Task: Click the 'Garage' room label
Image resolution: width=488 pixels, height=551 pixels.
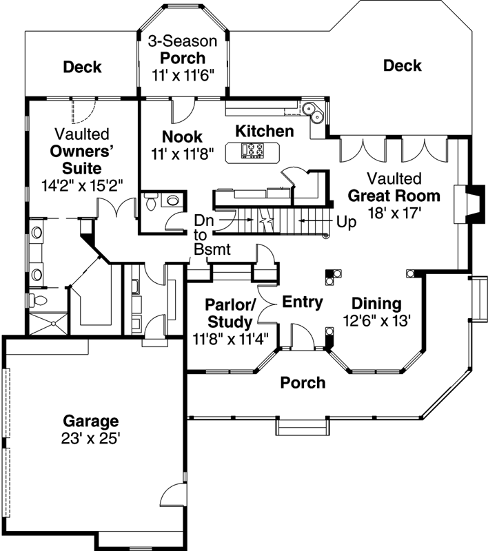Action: [x=91, y=420]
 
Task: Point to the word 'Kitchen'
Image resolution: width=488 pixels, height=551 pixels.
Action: [x=265, y=131]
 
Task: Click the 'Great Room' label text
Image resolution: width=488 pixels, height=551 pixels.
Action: [x=394, y=196]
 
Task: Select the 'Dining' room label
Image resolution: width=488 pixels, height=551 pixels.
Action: [x=376, y=303]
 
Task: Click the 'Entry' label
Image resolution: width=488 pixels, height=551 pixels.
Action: [x=303, y=302]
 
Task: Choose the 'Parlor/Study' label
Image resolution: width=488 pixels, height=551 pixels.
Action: [x=230, y=312]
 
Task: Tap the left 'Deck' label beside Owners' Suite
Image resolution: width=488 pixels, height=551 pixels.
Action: [x=83, y=67]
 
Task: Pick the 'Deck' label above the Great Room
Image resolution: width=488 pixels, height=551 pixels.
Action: [x=403, y=65]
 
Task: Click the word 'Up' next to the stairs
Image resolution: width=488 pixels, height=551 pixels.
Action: [x=346, y=222]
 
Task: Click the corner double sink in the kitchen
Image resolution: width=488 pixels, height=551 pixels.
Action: [x=312, y=110]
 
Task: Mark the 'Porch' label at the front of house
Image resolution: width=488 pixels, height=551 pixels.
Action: [x=303, y=382]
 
